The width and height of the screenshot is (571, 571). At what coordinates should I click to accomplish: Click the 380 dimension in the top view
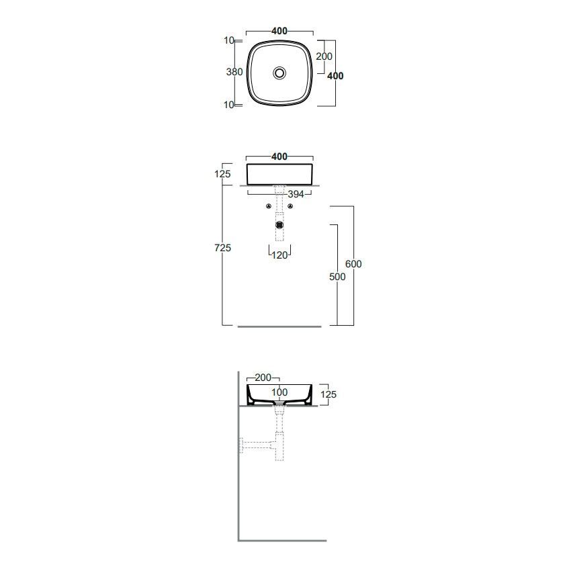click(x=234, y=72)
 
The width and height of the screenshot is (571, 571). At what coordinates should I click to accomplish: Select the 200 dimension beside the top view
click(x=324, y=56)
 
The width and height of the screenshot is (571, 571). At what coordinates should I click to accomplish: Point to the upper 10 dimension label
click(x=229, y=40)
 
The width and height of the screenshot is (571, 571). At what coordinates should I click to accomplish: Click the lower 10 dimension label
click(x=229, y=105)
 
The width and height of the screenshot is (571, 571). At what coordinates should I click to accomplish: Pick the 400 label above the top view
click(x=279, y=31)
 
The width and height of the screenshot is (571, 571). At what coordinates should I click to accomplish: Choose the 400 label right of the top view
click(x=335, y=76)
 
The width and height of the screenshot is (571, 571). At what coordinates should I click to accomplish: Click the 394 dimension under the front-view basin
click(x=296, y=194)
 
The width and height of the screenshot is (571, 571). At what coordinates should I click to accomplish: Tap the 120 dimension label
click(x=279, y=255)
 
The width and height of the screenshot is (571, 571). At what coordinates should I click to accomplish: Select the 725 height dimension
click(x=222, y=248)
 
